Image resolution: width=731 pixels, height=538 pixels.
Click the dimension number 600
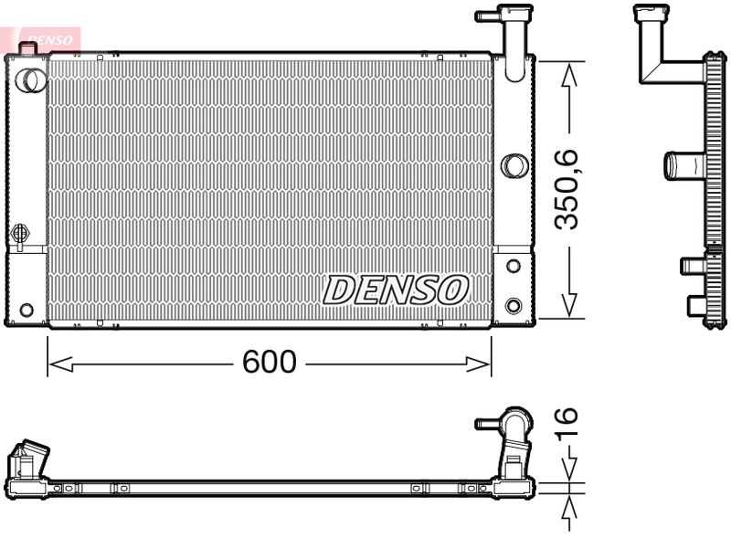point(270,363)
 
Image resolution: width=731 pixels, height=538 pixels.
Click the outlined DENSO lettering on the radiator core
point(396,290)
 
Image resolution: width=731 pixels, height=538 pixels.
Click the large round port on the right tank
point(514,165)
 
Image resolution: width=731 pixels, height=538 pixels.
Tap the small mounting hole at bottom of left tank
point(26,310)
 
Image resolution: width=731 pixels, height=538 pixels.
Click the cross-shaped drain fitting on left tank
point(20,235)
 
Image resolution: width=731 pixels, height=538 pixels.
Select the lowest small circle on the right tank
point(514,305)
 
